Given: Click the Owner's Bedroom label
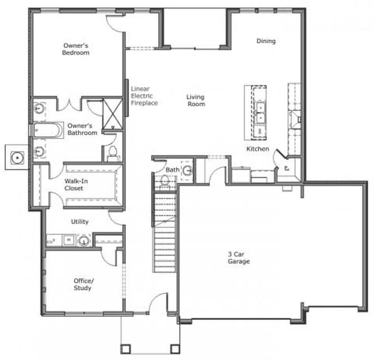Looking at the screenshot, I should click(x=76, y=48).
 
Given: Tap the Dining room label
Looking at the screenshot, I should click(x=266, y=41).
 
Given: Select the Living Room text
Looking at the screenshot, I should click(x=196, y=101).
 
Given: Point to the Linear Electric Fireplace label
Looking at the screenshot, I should click(x=144, y=96).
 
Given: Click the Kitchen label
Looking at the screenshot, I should click(x=258, y=149).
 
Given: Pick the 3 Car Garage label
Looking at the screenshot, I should click(x=238, y=258).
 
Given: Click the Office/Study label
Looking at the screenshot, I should click(x=82, y=284).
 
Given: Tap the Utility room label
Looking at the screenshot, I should click(x=80, y=221).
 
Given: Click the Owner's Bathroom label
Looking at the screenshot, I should click(x=82, y=129).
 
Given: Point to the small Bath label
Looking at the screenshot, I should click(x=173, y=170).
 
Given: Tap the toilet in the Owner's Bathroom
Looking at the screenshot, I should click(x=113, y=153).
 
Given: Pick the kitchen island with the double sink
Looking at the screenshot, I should click(x=256, y=112).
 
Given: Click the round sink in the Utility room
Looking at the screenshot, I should click(x=84, y=240).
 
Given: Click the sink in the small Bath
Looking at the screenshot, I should click(x=188, y=171).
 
